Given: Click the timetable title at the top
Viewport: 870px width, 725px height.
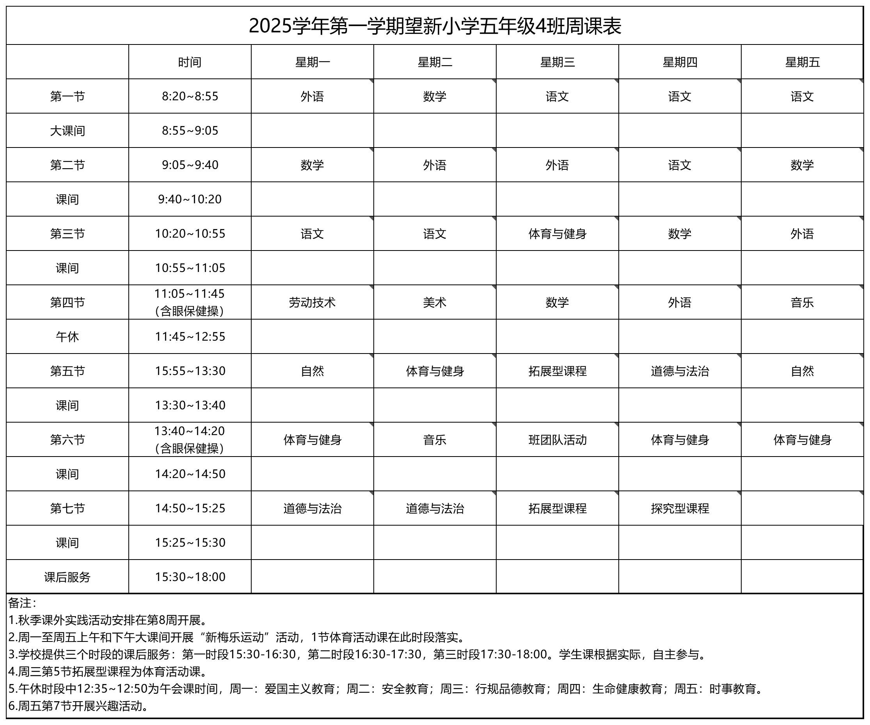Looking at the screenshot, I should pyautogui.click(x=435, y=26).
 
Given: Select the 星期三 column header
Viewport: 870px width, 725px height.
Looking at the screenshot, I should pyautogui.click(x=557, y=62).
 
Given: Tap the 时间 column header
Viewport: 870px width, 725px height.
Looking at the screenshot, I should pyautogui.click(x=190, y=62).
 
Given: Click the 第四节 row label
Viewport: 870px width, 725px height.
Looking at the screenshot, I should pyautogui.click(x=67, y=302).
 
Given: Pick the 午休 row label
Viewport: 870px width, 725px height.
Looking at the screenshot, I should pyautogui.click(x=67, y=336).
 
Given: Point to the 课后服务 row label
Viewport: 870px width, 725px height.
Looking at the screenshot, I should pyautogui.click(x=67, y=577).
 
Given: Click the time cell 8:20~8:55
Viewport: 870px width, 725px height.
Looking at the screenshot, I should pyautogui.click(x=190, y=96).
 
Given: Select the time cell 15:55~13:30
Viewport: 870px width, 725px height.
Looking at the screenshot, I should pyautogui.click(x=190, y=371).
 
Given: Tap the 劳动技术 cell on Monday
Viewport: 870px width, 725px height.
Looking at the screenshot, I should pyautogui.click(x=312, y=302).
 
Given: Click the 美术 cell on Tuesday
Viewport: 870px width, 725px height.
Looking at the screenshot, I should pyautogui.click(x=435, y=302).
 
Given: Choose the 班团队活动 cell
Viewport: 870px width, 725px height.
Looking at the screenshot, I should pyautogui.click(x=557, y=439).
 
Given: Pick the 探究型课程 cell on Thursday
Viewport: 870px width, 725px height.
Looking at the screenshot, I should pyautogui.click(x=680, y=508).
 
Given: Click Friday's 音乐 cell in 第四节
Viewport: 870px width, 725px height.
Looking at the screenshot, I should pyautogui.click(x=802, y=302).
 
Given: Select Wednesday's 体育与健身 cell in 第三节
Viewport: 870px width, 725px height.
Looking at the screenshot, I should pyautogui.click(x=557, y=234).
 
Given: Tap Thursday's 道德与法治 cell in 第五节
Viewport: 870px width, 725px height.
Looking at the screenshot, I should pyautogui.click(x=680, y=371).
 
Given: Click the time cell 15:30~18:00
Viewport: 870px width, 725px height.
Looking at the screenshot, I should pyautogui.click(x=190, y=577).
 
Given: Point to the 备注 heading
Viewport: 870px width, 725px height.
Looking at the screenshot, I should pyautogui.click(x=22, y=603).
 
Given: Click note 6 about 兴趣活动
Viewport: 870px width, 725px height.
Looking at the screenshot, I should pyautogui.click(x=79, y=706).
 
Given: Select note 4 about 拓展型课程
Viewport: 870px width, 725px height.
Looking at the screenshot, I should pyautogui.click(x=108, y=672).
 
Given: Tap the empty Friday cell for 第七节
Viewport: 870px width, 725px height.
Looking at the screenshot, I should pyautogui.click(x=802, y=508).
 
